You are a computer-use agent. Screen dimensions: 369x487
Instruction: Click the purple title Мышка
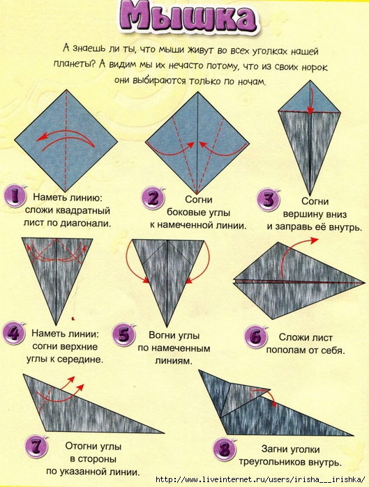point(188,17)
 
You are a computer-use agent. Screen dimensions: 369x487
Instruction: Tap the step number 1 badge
point(15,196)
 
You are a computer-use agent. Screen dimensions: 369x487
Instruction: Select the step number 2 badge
point(153,198)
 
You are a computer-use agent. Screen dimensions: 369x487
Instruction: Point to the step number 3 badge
point(269,201)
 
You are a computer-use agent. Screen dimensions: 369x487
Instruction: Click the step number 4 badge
point(14,332)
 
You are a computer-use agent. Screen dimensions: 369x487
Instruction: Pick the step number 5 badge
point(123,335)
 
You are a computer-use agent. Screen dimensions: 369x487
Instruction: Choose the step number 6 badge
point(256,337)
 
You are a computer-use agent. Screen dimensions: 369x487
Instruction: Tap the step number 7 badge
point(37,447)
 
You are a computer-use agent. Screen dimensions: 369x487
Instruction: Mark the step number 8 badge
point(225,449)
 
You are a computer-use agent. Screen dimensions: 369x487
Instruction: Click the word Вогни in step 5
point(162,335)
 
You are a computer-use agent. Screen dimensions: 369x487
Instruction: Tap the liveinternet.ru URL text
point(260,480)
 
